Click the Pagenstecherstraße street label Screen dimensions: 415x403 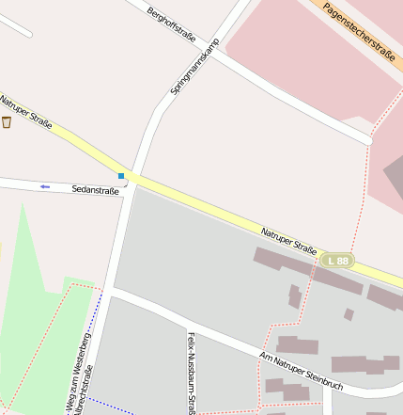(x=358, y=30)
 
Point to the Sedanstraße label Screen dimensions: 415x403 (x=96, y=189)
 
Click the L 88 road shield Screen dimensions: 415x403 (x=338, y=260)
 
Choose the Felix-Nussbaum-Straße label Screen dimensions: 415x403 (x=191, y=373)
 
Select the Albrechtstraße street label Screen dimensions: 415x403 (x=87, y=395)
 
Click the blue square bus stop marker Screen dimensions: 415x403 (x=121, y=175)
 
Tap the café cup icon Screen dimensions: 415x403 (x=7, y=122)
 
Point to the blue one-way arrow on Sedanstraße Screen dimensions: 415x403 (x=44, y=186)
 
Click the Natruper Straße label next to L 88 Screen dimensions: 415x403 (x=289, y=239)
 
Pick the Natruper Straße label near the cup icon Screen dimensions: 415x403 (x=26, y=114)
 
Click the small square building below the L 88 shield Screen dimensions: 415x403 (x=349, y=314)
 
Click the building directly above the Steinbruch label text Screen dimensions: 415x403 (x=298, y=344)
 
